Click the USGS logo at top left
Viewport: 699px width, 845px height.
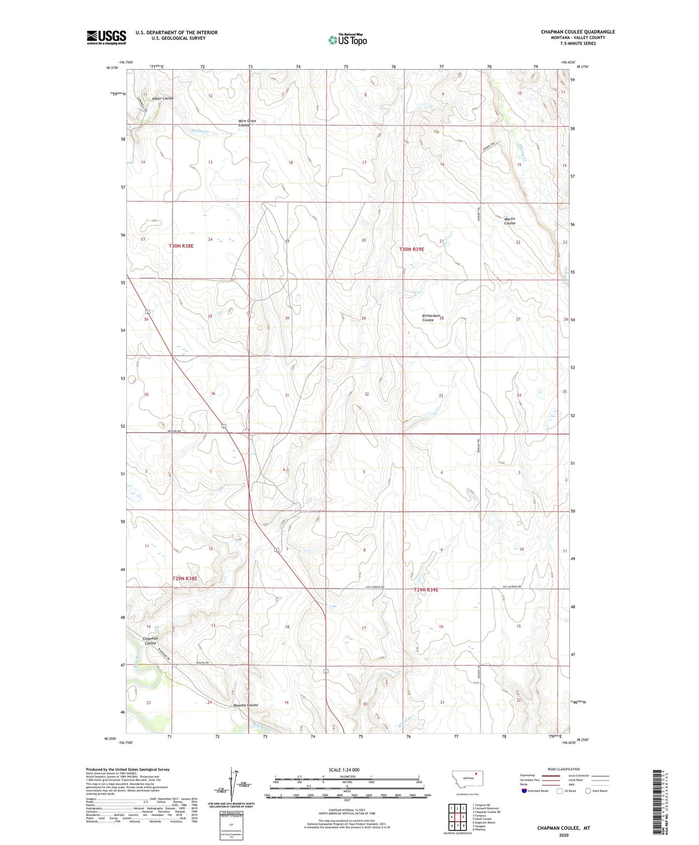tap(106, 37)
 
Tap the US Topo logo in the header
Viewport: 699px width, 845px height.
tap(347, 39)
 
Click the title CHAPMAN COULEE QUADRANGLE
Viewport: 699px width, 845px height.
tap(578, 32)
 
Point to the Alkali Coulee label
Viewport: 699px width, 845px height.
tap(163, 98)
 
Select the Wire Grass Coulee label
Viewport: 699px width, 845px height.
tap(247, 123)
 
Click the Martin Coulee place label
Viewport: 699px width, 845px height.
tap(510, 221)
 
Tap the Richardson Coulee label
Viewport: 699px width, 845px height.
tap(431, 317)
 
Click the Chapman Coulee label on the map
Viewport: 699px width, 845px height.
tap(150, 641)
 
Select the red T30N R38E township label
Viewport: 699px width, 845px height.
tap(181, 246)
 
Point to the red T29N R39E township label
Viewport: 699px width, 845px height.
tap(426, 590)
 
